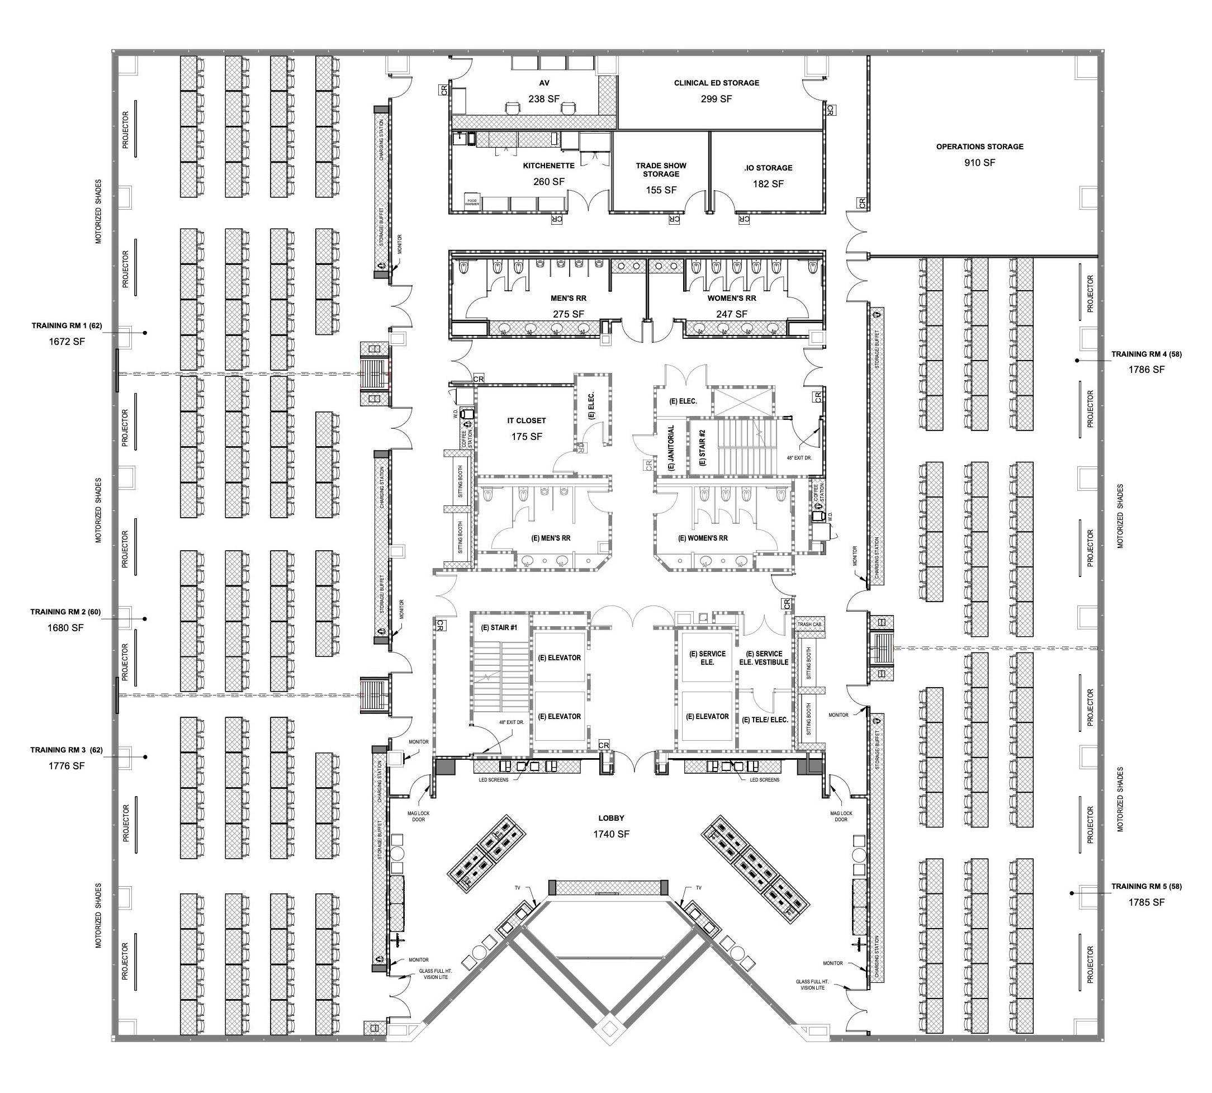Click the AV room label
tap(543, 83)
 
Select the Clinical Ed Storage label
tap(716, 83)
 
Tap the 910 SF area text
tap(979, 162)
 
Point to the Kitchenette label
tap(548, 165)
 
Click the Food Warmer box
tap(472, 202)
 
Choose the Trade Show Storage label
tap(661, 170)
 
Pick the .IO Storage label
tap(768, 168)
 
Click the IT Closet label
tap(527, 421)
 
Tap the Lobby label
tap(611, 818)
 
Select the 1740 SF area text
tap(611, 834)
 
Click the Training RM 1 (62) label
tap(67, 326)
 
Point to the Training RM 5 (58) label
tap(1146, 886)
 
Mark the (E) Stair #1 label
tap(499, 628)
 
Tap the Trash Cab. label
tap(809, 624)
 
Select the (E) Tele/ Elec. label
tap(765, 720)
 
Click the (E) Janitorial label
tap(671, 448)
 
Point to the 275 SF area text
tap(568, 314)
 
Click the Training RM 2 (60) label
tap(65, 613)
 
